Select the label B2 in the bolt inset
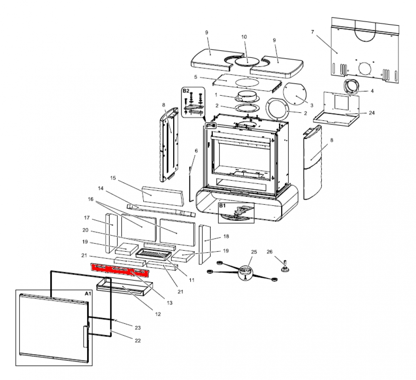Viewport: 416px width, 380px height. pos(186,90)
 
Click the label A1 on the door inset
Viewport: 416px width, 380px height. pos(87,293)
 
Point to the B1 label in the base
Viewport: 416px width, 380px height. pos(222,206)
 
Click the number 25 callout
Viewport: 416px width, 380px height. pos(254,252)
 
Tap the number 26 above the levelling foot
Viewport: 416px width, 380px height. pos(269,252)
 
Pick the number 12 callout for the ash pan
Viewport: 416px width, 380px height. pos(158,314)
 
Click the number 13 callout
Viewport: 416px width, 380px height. pos(169,303)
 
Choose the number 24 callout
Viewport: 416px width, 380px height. pos(371,113)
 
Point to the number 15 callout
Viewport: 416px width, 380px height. pos(112,178)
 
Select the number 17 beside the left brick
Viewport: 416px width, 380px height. pos(87,218)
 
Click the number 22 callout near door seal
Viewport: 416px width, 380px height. pos(138,340)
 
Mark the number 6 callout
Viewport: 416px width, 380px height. pos(196,150)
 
